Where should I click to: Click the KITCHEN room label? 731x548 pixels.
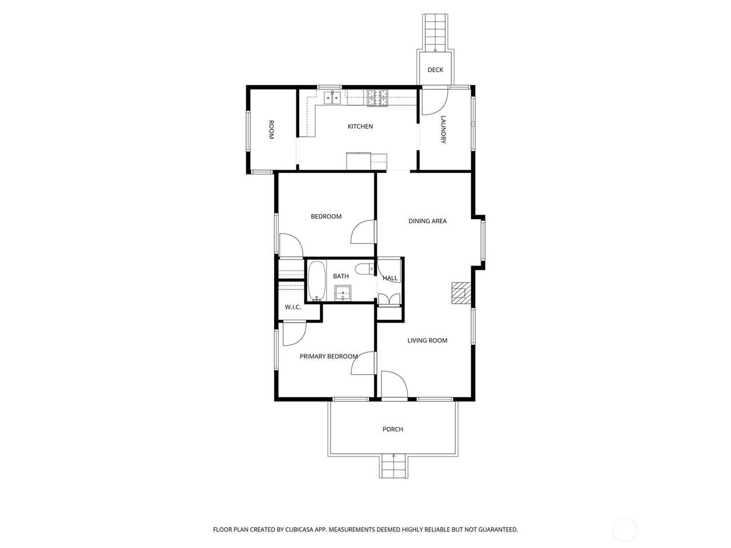(360, 126)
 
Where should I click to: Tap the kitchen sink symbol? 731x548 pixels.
(332, 98)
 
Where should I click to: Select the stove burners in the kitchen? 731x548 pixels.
(377, 98)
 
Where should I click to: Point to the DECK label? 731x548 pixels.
(435, 70)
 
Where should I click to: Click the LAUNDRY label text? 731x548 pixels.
(443, 130)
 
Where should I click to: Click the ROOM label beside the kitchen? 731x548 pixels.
(271, 130)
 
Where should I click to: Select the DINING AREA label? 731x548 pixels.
(427, 221)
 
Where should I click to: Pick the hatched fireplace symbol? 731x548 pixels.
(461, 293)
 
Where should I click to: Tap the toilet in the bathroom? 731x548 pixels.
(364, 268)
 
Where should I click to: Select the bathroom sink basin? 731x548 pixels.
(343, 293)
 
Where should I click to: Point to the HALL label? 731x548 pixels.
(390, 278)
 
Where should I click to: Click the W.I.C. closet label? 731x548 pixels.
(293, 307)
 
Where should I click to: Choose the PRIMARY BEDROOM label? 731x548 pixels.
(328, 356)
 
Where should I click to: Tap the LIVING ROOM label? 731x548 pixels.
(427, 340)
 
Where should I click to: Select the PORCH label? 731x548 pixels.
(393, 429)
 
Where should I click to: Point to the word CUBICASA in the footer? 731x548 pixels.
(299, 529)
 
